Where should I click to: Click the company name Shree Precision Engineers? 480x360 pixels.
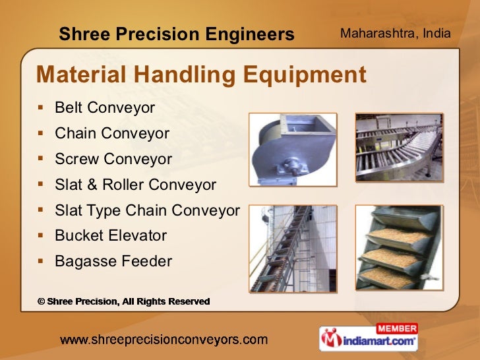tap(176, 34)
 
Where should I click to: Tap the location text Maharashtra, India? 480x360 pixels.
tap(395, 32)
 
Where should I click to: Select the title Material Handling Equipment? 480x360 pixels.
tap(201, 75)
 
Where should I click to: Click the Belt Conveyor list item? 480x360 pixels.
tap(105, 107)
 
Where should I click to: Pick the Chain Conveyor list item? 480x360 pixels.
tap(112, 133)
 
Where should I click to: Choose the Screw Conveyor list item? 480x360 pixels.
tap(113, 159)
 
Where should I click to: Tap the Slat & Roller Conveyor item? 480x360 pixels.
tap(135, 185)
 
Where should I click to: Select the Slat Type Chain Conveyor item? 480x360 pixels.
tap(147, 210)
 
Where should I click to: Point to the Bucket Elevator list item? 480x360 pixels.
tap(111, 235)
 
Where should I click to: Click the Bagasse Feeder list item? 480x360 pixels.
tap(113, 262)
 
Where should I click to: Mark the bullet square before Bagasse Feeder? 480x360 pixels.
tap(41, 262)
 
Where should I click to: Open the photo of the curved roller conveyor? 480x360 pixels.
tap(399, 148)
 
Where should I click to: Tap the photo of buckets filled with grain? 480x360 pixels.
tap(399, 248)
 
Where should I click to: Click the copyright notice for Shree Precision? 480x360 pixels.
tap(123, 301)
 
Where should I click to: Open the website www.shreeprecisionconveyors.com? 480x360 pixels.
tap(164, 340)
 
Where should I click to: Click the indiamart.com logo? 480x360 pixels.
tap(369, 342)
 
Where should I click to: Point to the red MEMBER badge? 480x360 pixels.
tap(396, 328)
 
